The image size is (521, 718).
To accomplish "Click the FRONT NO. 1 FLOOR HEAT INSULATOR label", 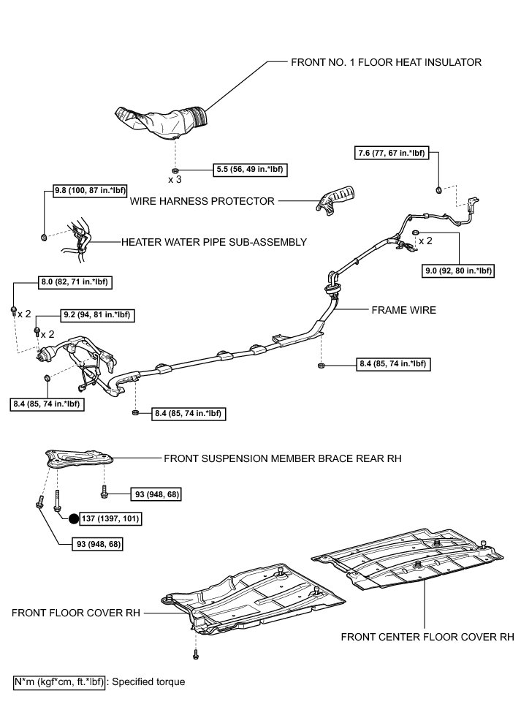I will click(x=386, y=62).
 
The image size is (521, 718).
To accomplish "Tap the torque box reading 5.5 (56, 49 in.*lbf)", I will click(x=248, y=169).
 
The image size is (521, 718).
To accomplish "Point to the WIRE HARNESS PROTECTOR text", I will click(x=202, y=200).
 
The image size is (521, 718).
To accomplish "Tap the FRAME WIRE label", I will click(x=404, y=310).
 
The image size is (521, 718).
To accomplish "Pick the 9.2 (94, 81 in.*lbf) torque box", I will click(x=97, y=315).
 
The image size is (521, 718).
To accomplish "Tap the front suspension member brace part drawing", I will click(x=78, y=458).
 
